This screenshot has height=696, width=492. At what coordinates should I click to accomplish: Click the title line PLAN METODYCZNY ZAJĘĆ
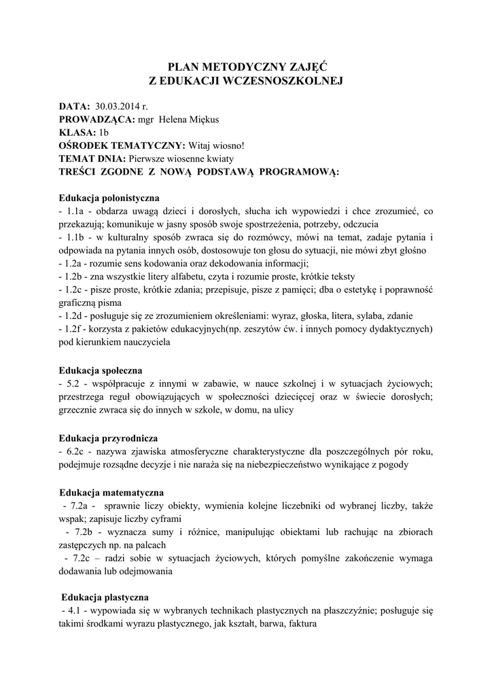247,67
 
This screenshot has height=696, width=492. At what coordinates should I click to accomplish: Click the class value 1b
103,133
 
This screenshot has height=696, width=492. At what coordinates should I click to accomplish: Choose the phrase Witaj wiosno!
215,145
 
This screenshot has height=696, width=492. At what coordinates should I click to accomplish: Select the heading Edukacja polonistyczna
109,198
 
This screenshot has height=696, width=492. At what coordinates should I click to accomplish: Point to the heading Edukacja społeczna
101,370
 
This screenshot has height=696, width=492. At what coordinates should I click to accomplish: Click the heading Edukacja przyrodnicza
108,438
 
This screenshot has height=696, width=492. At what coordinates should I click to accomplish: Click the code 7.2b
83,531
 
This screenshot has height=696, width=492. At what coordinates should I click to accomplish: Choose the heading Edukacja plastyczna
105,598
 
